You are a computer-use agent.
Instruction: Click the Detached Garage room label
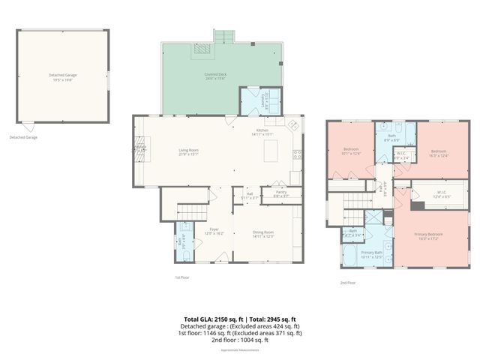pyautogui.click(x=63, y=76)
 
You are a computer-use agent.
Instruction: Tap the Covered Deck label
pyautogui.click(x=216, y=76)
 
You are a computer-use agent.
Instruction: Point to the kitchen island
pyautogui.click(x=271, y=151)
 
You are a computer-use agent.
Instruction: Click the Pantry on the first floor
pyautogui.click(x=281, y=194)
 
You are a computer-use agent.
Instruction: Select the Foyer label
pyautogui.click(x=214, y=231)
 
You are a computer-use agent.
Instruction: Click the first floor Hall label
pyautogui.click(x=249, y=196)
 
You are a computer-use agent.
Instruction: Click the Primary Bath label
pyautogui.click(x=372, y=254)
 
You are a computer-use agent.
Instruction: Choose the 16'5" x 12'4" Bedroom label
pyautogui.click(x=439, y=154)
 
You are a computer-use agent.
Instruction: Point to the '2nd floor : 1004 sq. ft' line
pyautogui.click(x=240, y=340)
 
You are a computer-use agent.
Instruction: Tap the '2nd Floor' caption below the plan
pyautogui.click(x=346, y=283)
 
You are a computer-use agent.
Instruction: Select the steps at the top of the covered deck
pyautogui.click(x=224, y=37)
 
